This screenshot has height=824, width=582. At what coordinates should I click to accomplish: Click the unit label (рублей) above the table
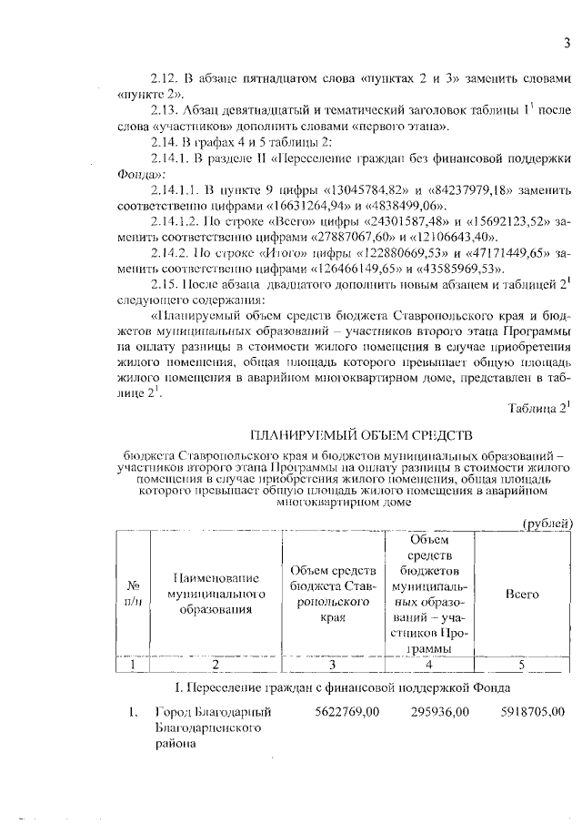(546, 523)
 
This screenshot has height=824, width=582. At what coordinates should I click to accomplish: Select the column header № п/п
(135, 594)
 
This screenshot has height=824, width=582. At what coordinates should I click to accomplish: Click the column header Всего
(522, 594)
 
